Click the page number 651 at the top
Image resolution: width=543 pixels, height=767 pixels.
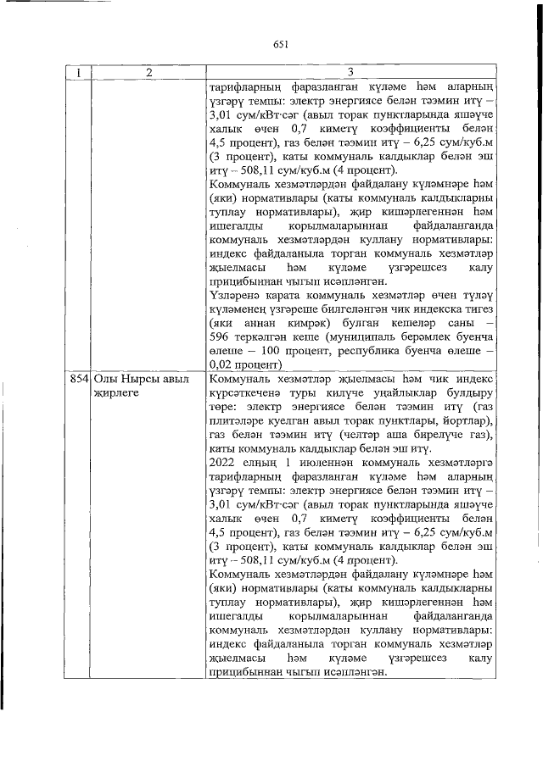click(282, 45)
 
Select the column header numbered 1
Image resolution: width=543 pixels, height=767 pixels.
click(78, 74)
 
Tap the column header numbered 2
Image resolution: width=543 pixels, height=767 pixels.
click(147, 74)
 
